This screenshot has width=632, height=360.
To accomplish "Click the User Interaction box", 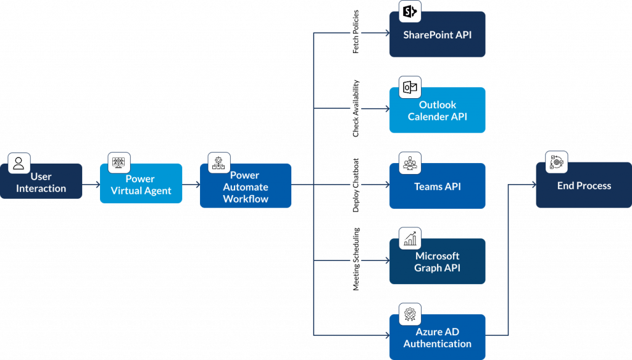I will coord(41,182).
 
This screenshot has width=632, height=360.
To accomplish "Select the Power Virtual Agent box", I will coord(141,185).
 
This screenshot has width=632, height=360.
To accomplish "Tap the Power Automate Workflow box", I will coord(246,187).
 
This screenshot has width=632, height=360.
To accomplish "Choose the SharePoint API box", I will coord(437,35).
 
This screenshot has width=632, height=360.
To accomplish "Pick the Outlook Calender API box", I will coord(437,111).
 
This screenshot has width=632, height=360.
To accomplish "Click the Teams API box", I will coord(437,186).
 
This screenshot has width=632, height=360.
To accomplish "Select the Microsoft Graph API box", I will coord(437,262).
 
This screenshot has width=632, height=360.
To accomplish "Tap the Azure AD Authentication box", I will coord(437,338).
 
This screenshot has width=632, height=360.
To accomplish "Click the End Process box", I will coord(584,186).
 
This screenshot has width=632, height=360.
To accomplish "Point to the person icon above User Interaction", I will coord(19,164).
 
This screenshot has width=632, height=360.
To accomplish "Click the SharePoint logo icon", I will coord(410,11).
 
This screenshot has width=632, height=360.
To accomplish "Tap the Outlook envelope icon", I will coord(410,87).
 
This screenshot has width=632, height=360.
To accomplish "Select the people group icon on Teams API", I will coord(410,163).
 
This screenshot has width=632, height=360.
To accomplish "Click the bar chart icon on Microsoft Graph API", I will coord(410,238).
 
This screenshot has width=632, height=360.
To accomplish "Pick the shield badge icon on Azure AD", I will coord(410,314).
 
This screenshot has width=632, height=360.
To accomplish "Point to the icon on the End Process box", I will coord(556,162).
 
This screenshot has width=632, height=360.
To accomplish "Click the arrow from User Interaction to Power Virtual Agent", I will coord(91,184).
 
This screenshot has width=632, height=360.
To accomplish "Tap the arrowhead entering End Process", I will coord(531,184).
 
